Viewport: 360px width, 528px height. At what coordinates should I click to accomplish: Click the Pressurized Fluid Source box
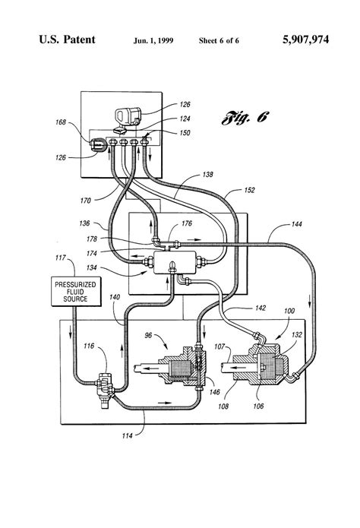pyautogui.click(x=76, y=291)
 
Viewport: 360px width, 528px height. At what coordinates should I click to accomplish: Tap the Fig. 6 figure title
pyautogui.click(x=245, y=118)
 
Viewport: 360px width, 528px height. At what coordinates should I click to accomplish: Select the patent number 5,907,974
pyautogui.click(x=305, y=40)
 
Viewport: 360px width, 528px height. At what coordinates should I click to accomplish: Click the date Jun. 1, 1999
pyautogui.click(x=153, y=41)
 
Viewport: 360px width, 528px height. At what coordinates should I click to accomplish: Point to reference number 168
pyautogui.click(x=61, y=122)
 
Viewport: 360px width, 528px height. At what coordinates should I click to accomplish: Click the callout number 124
pyautogui.click(x=185, y=119)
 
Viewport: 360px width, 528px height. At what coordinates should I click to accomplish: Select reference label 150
pyautogui.click(x=185, y=133)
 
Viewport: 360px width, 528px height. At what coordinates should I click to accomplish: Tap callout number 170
pyautogui.click(x=86, y=201)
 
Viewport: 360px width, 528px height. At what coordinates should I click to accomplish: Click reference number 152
pyautogui.click(x=250, y=190)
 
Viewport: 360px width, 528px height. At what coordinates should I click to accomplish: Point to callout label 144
pyautogui.click(x=296, y=224)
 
